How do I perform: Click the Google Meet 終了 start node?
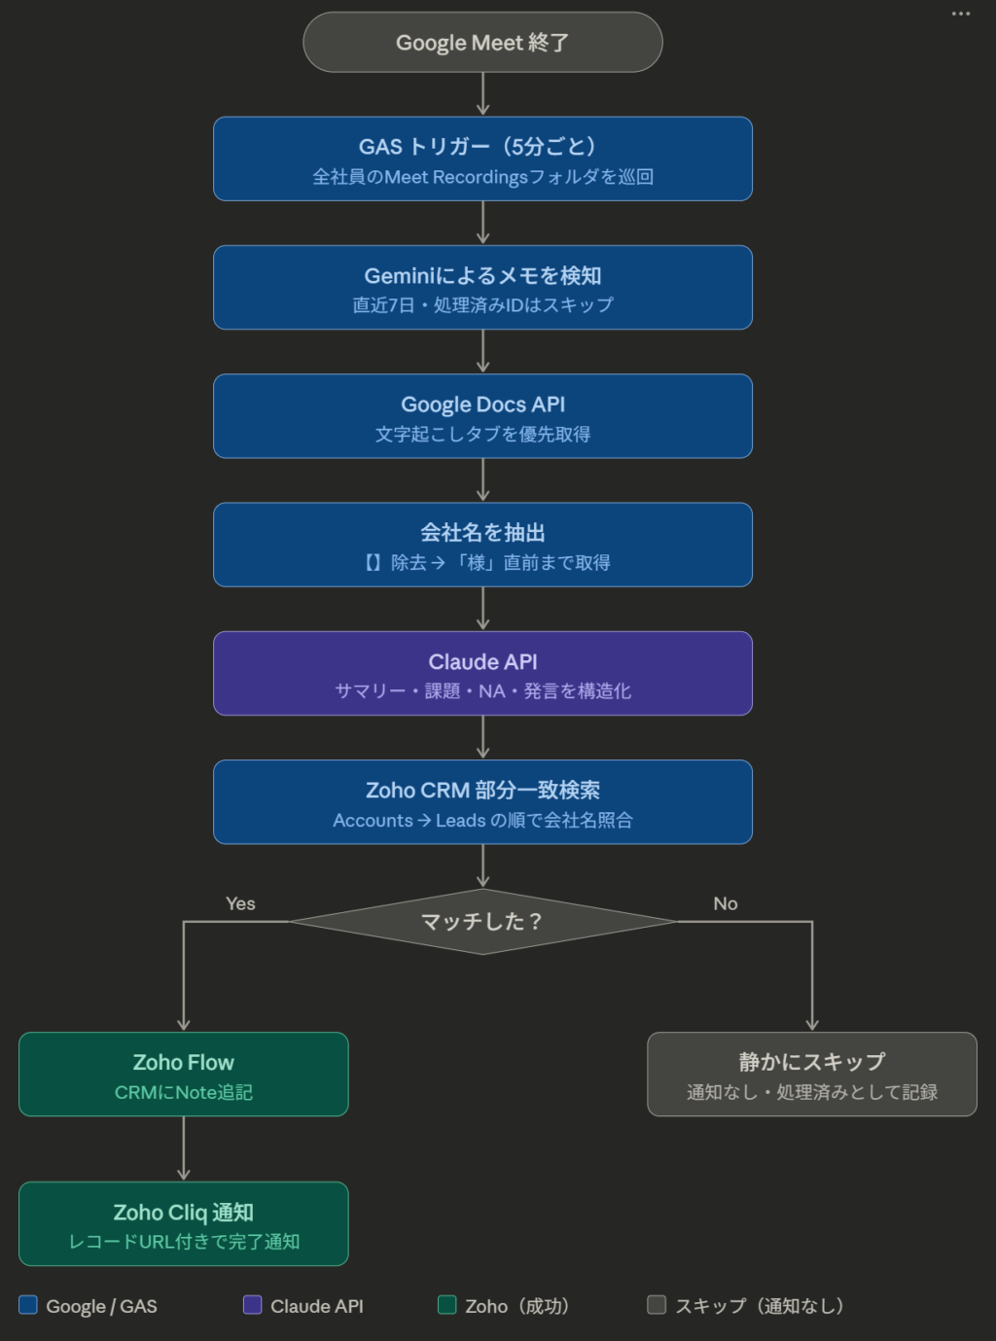pos(482,43)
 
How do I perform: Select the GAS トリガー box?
pos(482,159)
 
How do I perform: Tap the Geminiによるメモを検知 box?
pos(482,288)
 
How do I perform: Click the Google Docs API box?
pos(482,416)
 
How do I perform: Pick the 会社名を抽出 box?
pos(482,545)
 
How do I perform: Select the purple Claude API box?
pos(482,673)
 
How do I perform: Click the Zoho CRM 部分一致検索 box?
pos(482,801)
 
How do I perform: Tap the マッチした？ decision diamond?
pos(482,921)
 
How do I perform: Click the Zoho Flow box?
pos(183,1074)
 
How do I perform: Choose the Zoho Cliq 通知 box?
pos(183,1223)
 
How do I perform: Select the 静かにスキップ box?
pos(812,1074)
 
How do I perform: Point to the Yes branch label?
pos(240,903)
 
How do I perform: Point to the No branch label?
pos(726,903)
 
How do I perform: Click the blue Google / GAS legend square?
pos(28,1305)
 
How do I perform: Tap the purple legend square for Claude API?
pos(253,1305)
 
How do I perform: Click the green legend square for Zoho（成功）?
pos(447,1305)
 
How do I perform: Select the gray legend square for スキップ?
pos(658,1305)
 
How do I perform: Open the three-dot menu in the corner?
pos(961,14)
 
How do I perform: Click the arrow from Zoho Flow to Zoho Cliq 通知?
pos(183,1148)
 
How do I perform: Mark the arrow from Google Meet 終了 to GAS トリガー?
pos(482,94)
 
